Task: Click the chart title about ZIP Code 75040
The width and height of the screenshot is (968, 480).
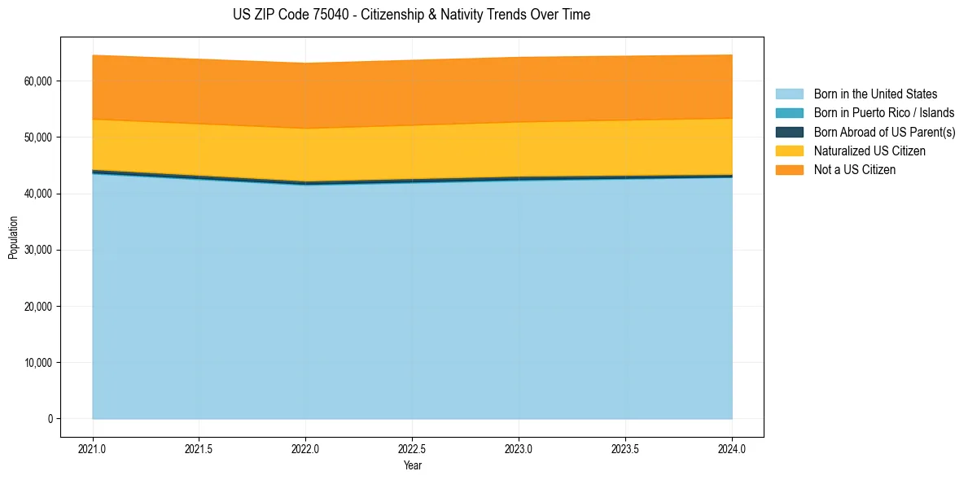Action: pos(411,15)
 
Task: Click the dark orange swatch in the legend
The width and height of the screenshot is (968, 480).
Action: pos(789,169)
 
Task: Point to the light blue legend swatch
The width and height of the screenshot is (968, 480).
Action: pos(789,94)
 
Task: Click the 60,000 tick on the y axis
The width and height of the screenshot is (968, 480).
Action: pos(38,81)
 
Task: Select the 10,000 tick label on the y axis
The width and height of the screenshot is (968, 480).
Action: pos(38,363)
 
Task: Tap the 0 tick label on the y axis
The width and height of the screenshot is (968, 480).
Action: pos(50,419)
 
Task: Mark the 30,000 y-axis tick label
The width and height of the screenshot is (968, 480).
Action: pos(38,250)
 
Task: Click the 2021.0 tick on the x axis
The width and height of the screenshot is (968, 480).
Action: pos(92,448)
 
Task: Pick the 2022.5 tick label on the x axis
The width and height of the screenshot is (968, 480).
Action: pos(412,448)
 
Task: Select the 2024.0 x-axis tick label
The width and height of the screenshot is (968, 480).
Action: pos(732,448)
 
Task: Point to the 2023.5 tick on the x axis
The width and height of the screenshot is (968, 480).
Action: pos(625,448)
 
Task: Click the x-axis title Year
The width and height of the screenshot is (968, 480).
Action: pos(412,465)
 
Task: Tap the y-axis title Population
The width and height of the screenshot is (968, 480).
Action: pos(13,238)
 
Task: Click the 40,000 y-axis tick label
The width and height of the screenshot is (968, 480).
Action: pos(38,194)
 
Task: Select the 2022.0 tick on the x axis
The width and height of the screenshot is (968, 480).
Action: pos(305,448)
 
